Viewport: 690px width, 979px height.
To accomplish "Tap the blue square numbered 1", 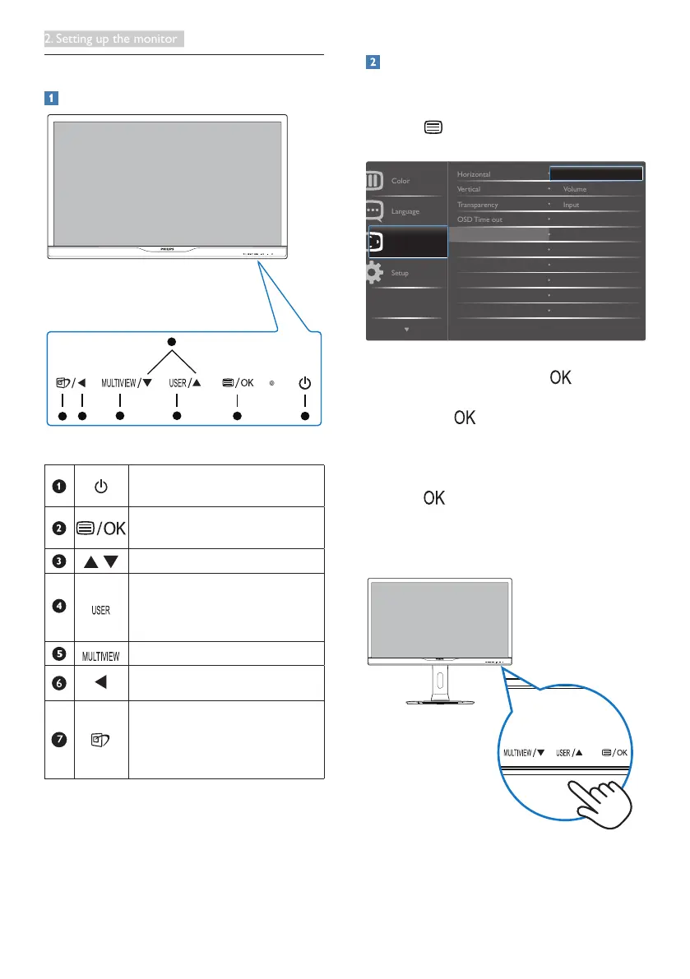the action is pos(51,97).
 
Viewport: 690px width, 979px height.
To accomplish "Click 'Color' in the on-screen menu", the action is pos(401,181).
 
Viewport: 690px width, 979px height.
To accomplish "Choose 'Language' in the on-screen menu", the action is pos(405,211).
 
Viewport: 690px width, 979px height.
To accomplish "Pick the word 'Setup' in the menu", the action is pos(401,272).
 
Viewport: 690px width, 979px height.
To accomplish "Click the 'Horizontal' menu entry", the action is pos(475,174).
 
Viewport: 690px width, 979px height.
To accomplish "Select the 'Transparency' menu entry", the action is pos(478,205).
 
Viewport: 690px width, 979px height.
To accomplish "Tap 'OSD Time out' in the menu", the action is pos(479,219).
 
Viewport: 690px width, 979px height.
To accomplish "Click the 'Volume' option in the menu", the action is pos(575,189).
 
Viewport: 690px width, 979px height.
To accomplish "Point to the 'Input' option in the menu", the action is pos(571,205).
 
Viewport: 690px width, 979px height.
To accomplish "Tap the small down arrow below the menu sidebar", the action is pos(407,330).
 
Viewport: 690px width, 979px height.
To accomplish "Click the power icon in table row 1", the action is pos(100,487).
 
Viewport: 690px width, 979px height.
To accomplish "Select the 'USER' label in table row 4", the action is pos(100,611).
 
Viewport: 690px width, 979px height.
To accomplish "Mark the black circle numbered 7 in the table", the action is pos(59,739).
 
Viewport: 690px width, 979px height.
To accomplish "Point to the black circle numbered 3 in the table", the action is pos(59,561).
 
